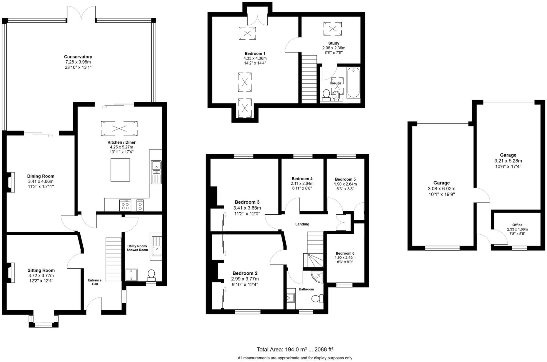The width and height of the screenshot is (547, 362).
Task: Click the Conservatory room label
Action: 78,57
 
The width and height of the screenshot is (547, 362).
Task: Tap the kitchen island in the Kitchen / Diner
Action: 120,170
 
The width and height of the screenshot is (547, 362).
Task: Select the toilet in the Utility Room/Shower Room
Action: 151,275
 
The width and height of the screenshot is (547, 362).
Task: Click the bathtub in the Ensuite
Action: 353,82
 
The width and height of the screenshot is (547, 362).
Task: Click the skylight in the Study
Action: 333,29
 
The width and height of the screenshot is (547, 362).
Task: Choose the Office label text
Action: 517,225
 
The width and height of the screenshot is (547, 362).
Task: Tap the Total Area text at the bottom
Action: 295,349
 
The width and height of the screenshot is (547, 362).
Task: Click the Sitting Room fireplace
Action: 11,273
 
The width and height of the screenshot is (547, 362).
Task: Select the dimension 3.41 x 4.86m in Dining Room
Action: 41,181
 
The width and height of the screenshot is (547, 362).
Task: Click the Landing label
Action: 302,224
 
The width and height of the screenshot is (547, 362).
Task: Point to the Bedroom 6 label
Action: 345,253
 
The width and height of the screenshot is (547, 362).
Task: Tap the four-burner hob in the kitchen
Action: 125,205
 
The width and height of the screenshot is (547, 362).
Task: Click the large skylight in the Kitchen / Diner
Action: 119,128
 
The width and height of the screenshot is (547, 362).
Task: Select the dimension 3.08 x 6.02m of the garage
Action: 441,189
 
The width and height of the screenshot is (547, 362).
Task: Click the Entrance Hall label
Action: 95,282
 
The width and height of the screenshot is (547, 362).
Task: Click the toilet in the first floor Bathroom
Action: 318,298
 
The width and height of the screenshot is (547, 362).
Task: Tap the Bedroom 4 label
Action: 302,179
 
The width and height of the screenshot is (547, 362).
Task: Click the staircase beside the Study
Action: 309,79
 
